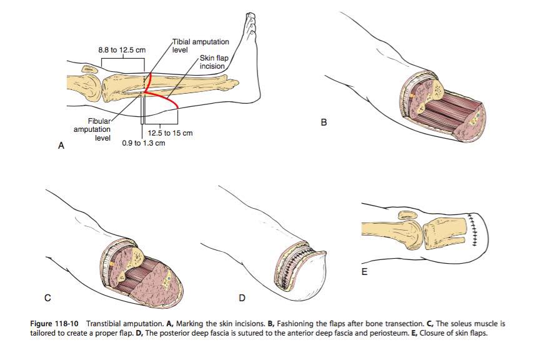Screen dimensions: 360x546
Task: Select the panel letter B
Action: pyautogui.click(x=324, y=122)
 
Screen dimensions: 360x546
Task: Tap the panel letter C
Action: pyautogui.click(x=47, y=294)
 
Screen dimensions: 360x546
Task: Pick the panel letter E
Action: pyautogui.click(x=365, y=272)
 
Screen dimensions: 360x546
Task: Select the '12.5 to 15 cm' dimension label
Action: pyautogui.click(x=170, y=133)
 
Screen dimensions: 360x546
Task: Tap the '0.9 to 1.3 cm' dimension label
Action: pyautogui.click(x=144, y=142)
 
